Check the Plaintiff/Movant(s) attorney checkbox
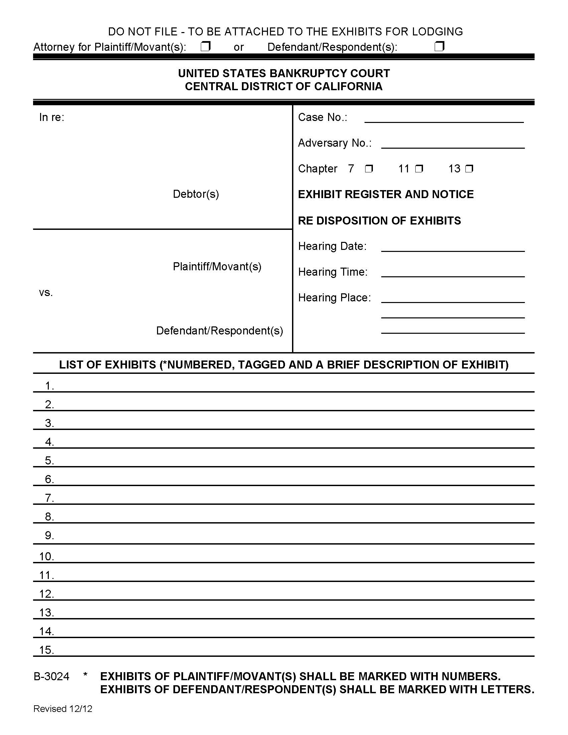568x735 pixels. (205, 46)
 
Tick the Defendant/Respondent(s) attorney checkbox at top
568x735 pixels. (439, 46)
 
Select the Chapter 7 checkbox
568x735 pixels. (369, 168)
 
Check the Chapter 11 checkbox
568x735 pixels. (419, 168)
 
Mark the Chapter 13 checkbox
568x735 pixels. (469, 168)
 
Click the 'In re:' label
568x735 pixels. (51, 117)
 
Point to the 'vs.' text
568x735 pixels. (46, 292)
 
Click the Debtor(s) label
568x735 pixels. (196, 194)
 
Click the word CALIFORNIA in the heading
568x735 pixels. (348, 87)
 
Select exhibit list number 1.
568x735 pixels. (49, 386)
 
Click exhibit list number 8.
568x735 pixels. (49, 517)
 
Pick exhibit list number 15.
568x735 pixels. (46, 650)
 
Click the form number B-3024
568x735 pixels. (51, 677)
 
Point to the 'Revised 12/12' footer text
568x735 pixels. (62, 709)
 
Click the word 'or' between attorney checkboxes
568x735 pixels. (239, 47)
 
